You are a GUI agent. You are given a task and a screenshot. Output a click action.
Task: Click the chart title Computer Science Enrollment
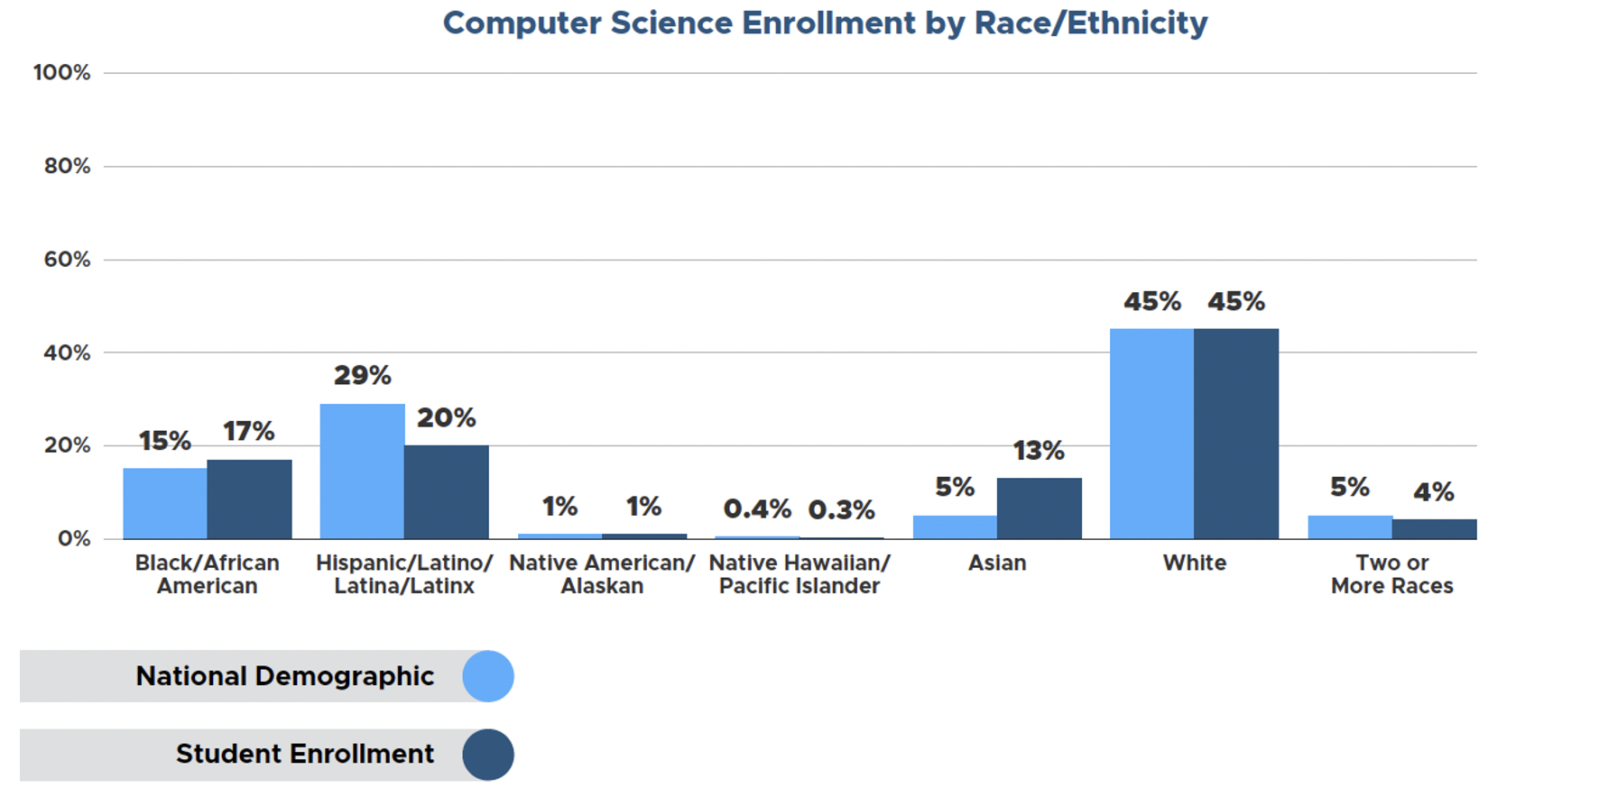point(824,23)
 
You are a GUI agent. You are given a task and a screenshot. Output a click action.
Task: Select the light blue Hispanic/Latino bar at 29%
point(362,472)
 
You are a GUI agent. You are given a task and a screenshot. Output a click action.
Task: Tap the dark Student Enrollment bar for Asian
point(1039,508)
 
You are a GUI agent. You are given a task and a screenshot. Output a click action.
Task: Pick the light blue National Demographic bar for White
point(1151,434)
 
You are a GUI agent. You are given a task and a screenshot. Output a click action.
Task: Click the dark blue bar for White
point(1235,434)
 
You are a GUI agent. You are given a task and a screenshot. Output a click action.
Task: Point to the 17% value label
point(249,432)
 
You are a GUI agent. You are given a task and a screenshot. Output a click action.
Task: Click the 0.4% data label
point(757,509)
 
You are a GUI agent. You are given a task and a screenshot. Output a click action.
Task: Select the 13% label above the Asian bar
point(1039,451)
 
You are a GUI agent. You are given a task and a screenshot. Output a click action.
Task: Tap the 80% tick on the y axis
point(67,166)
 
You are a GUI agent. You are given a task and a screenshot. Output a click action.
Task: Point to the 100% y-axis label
point(62,73)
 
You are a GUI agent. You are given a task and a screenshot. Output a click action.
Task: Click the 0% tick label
point(73,539)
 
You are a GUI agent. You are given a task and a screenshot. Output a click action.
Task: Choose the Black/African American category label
point(208,574)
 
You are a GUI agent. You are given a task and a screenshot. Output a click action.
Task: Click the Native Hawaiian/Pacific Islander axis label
point(799,574)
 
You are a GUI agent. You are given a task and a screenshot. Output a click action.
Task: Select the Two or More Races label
point(1391,574)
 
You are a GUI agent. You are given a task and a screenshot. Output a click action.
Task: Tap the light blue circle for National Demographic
point(488,676)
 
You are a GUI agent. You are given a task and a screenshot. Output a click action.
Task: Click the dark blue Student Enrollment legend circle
point(488,755)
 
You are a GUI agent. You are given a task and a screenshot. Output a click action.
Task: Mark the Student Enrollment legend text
point(305,754)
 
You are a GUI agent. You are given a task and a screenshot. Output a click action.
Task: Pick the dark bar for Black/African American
point(249,499)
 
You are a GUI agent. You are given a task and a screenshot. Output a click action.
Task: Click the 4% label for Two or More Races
point(1433,492)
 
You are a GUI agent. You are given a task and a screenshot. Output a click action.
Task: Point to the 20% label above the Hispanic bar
point(446,418)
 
